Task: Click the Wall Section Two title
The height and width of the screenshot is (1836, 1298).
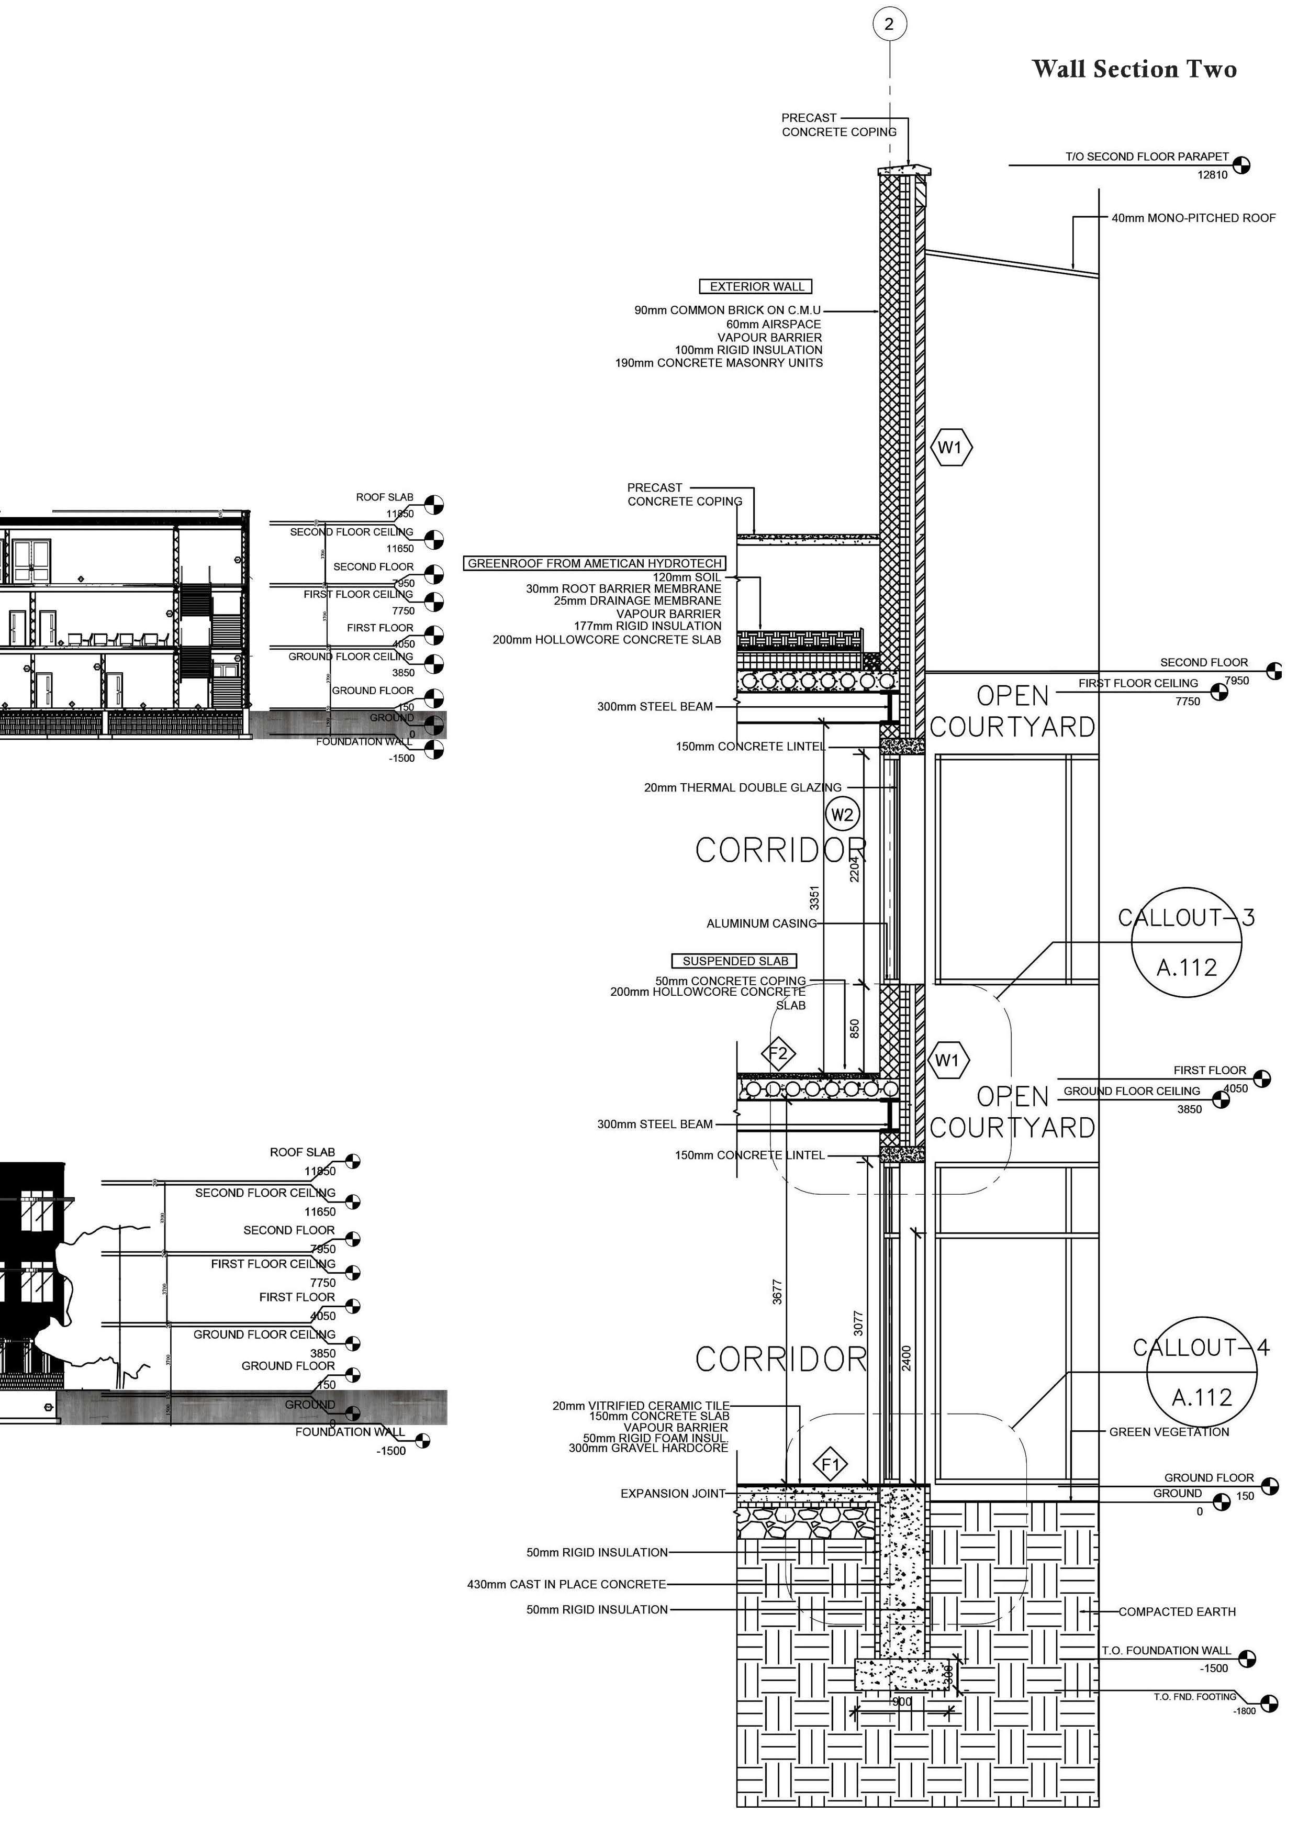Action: click(1134, 70)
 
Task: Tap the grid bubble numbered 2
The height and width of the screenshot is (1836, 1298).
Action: click(890, 24)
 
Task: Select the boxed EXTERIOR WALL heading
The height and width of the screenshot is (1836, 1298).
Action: click(756, 286)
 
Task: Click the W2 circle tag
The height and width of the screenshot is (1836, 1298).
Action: click(842, 815)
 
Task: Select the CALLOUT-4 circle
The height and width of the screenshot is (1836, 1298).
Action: click(1201, 1372)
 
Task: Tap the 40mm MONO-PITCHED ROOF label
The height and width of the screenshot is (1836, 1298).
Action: click(1193, 217)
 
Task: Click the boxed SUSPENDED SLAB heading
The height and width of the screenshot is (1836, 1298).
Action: click(734, 961)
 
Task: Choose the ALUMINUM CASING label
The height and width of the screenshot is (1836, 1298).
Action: click(761, 923)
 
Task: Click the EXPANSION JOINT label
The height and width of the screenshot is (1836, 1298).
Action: click(672, 1494)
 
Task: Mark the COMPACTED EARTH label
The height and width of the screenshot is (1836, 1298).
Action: click(1177, 1611)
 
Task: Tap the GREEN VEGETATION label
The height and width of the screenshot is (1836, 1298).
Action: click(1169, 1431)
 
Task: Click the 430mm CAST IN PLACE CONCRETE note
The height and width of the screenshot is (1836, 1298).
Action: click(566, 1584)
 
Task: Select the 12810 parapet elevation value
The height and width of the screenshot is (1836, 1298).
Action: click(1212, 175)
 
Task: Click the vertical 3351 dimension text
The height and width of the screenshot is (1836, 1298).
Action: click(814, 897)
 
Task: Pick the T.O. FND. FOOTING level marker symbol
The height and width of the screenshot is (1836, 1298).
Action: click(1268, 1703)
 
